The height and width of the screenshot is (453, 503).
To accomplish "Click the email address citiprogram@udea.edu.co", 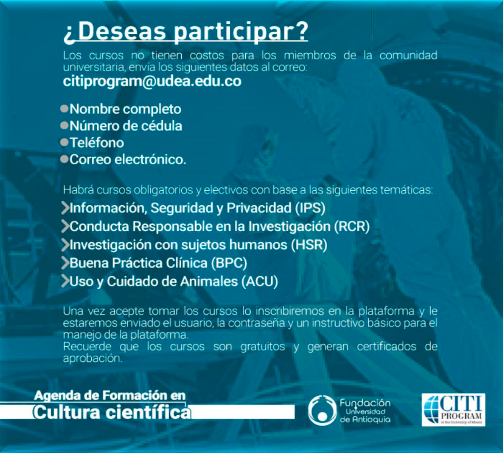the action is coord(152,82).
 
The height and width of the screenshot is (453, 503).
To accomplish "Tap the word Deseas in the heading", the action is coord(122,32).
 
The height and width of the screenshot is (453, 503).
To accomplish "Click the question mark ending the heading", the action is coord(300,32).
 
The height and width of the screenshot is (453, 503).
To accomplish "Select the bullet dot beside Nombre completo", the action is coord(64,109).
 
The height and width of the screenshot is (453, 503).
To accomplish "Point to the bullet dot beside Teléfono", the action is coord(64,142).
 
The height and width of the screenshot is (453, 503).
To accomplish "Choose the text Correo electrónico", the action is coord(128,160).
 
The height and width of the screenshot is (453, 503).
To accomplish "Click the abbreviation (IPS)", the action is coord(310,208).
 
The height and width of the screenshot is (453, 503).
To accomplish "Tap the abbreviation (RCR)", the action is coord(352,226).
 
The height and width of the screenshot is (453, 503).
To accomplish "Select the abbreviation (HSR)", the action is coord(309,245).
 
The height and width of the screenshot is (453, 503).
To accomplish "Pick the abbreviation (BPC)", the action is coord(229,263).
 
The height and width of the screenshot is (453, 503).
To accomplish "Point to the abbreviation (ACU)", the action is coord(260,282).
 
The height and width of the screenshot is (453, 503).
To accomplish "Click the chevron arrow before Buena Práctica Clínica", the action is coord(65,263).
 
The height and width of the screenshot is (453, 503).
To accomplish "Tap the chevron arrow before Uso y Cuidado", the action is coord(65,281).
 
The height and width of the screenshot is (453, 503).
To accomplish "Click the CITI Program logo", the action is coord(453,410).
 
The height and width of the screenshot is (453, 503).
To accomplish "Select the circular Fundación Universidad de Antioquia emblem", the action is coord(322,411).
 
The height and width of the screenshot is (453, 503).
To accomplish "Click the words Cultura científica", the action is coord(112,412).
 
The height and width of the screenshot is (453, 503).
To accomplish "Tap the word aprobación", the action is coord(93,358).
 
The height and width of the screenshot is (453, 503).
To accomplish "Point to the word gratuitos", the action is coord(263,347).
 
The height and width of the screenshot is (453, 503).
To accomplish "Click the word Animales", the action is coord(209,281).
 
